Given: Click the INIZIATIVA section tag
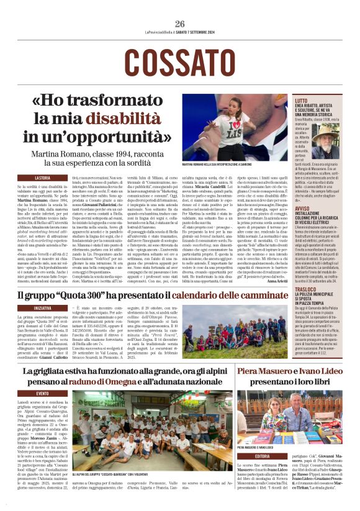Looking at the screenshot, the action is point(43,308).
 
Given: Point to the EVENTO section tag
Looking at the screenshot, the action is point(42,394).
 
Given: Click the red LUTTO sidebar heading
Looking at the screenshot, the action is point(301,100).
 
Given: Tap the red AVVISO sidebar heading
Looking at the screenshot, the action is point(302,209).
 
